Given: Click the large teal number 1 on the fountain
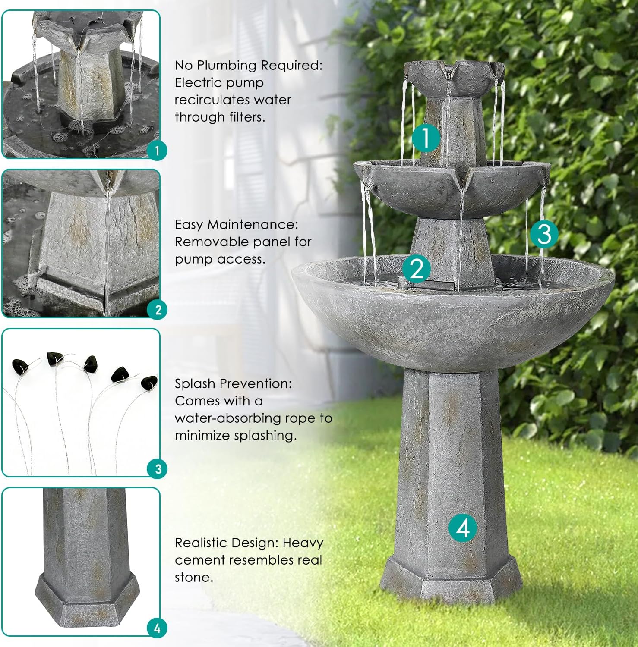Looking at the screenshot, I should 426,138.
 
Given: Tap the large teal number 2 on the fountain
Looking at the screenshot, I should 417,268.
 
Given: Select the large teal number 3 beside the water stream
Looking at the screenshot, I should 544,234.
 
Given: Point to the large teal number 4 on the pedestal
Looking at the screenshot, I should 463,528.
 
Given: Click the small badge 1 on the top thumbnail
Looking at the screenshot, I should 157,151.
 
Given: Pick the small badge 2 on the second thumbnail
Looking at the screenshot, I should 158,310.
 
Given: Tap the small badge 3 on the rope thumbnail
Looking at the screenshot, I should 158,469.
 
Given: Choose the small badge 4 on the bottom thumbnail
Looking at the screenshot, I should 157,628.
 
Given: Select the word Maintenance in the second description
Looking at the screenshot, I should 253,225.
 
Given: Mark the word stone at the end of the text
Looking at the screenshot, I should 193,578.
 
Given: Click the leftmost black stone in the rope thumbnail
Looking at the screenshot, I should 20,365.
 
